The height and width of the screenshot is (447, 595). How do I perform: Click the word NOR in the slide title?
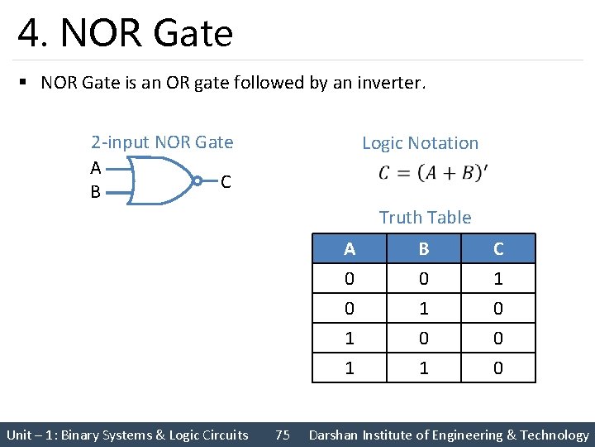102,33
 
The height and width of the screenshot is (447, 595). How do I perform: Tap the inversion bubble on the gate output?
198,180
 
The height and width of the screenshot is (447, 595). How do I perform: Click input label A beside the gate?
96,168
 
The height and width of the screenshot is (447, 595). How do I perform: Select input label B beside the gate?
96,193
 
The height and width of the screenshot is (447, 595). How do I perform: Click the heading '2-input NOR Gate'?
162,142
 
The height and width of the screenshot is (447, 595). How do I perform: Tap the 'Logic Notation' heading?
420,143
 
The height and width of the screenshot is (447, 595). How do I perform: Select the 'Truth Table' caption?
425,218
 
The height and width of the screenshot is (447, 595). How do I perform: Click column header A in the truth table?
350,249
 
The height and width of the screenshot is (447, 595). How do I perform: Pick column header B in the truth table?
424,249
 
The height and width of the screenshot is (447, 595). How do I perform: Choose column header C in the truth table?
498,249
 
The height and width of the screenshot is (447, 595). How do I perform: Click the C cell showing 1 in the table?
498,279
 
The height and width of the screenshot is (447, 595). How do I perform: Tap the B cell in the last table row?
424,368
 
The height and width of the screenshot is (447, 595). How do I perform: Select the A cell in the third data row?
350,338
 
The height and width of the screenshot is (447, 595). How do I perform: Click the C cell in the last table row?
498,368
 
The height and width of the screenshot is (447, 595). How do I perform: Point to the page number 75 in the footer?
283,435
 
